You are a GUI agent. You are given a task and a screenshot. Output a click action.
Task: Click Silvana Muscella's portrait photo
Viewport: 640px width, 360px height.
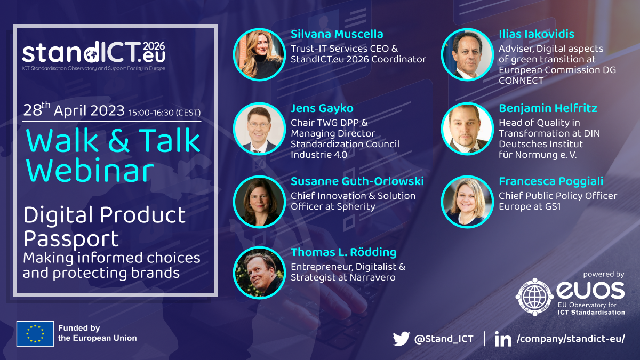pos(259,54)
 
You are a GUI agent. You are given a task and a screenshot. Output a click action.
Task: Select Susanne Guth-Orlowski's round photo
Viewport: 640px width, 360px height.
pos(259,201)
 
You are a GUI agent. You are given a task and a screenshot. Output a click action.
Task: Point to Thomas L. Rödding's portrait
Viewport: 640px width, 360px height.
pos(259,273)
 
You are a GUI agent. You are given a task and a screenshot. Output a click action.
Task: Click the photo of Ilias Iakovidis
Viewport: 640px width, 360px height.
pos(467,54)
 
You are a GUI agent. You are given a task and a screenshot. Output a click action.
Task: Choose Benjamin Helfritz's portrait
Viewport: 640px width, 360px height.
pos(467,129)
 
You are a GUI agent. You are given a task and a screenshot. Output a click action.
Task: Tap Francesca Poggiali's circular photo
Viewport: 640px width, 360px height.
pos(467,201)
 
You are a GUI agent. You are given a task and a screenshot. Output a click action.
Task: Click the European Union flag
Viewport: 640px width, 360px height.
pos(35,333)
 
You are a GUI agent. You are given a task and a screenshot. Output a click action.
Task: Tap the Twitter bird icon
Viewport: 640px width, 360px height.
pos(401,339)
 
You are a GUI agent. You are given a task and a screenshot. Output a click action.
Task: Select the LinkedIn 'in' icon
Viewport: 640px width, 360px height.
pos(502,339)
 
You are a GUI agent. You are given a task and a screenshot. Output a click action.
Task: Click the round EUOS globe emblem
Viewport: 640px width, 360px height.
pos(534,297)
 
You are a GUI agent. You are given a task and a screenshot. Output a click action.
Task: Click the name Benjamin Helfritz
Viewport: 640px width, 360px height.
pos(548,108)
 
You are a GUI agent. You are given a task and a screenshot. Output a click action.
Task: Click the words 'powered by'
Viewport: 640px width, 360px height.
pos(603,274)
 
